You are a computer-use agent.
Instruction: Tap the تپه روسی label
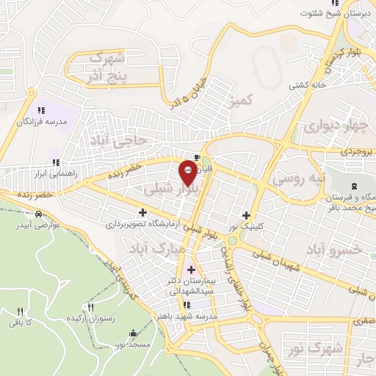click(297, 178)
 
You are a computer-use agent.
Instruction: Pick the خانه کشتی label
click(308, 85)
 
